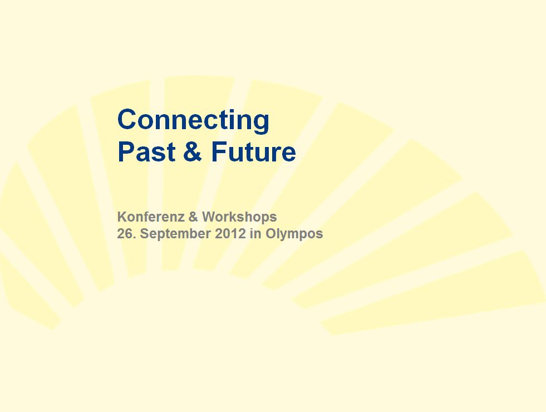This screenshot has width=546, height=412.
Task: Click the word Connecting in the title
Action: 193,121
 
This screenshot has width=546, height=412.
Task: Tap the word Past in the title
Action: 146,151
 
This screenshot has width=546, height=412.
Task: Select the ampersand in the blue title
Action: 193,151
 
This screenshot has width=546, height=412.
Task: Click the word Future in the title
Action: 253,151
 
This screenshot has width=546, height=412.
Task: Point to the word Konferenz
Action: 151,217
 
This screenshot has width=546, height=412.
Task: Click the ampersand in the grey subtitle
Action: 193,217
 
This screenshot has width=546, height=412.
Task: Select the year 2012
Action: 230,233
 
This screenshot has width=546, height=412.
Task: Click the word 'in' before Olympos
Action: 255,233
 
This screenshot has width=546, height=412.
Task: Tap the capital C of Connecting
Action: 127,119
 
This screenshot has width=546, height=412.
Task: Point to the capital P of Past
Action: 126,151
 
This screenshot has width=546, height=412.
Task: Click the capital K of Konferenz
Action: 122,217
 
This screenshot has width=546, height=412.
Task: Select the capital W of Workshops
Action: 209,217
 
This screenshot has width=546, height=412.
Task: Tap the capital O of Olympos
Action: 271,233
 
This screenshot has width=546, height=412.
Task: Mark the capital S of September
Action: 145,233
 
